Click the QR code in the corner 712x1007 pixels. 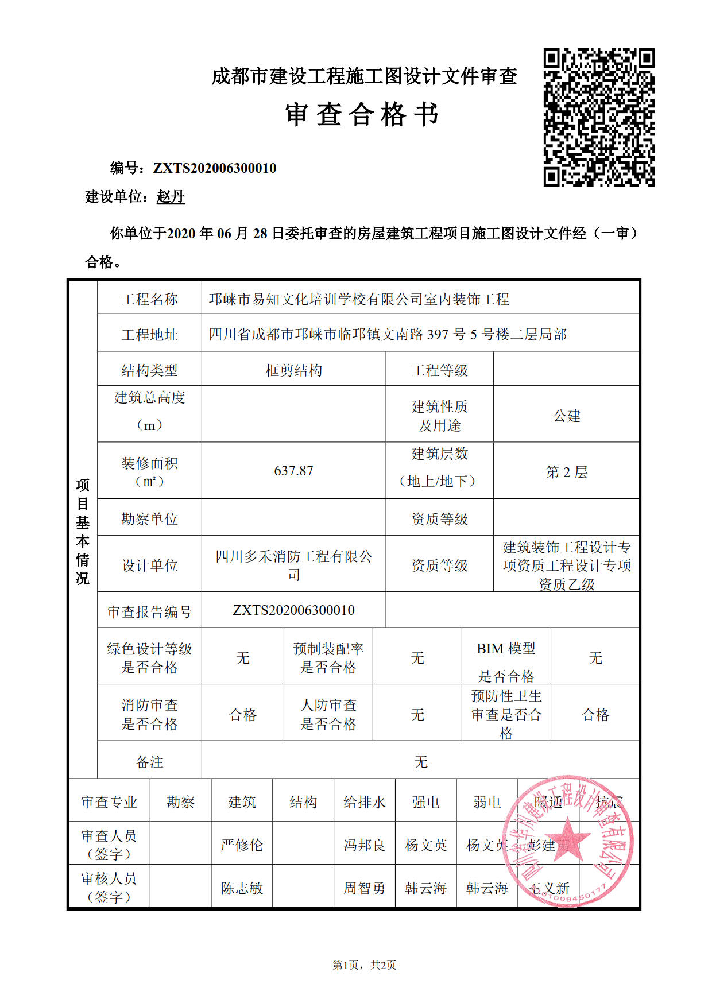tap(599, 117)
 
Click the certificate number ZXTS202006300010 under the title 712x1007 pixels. tap(214, 168)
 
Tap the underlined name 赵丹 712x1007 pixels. tap(171, 197)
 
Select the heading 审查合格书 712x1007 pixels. tap(362, 114)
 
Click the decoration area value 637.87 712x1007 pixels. tap(293, 471)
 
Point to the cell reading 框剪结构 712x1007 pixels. tap(293, 370)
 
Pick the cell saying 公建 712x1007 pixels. tap(566, 416)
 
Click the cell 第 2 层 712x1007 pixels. tap(566, 472)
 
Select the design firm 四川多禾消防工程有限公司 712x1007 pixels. tap(293, 565)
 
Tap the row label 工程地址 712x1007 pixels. tap(149, 335)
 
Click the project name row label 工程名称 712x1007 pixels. tap(149, 299)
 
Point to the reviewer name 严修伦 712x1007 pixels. tap(242, 845)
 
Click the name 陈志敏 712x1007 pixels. tap(242, 888)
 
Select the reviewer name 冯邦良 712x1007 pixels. tap(364, 845)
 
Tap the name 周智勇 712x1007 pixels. tap(364, 888)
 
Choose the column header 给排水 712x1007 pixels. tap(364, 802)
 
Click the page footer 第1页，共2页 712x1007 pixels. tap(364, 966)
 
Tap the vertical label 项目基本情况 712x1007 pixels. tap(83, 531)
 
